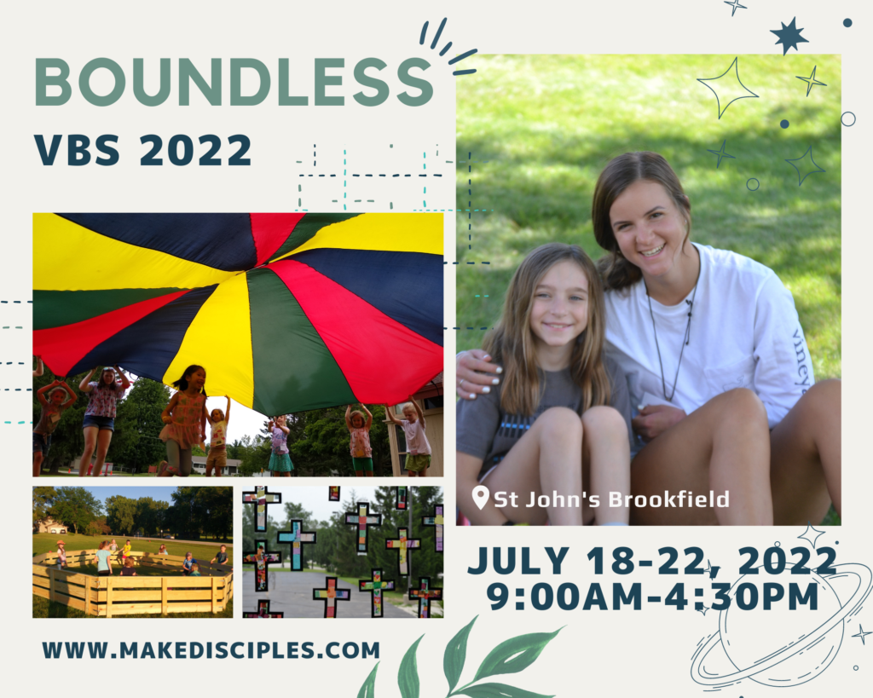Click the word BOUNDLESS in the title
(x=234, y=82)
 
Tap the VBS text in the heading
(x=77, y=150)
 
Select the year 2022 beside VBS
(x=195, y=150)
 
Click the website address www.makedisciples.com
(x=211, y=650)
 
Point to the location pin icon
(x=480, y=497)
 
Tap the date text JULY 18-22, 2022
(x=652, y=561)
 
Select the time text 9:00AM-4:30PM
(x=652, y=597)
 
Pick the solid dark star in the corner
(x=789, y=36)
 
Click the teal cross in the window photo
(x=296, y=544)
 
